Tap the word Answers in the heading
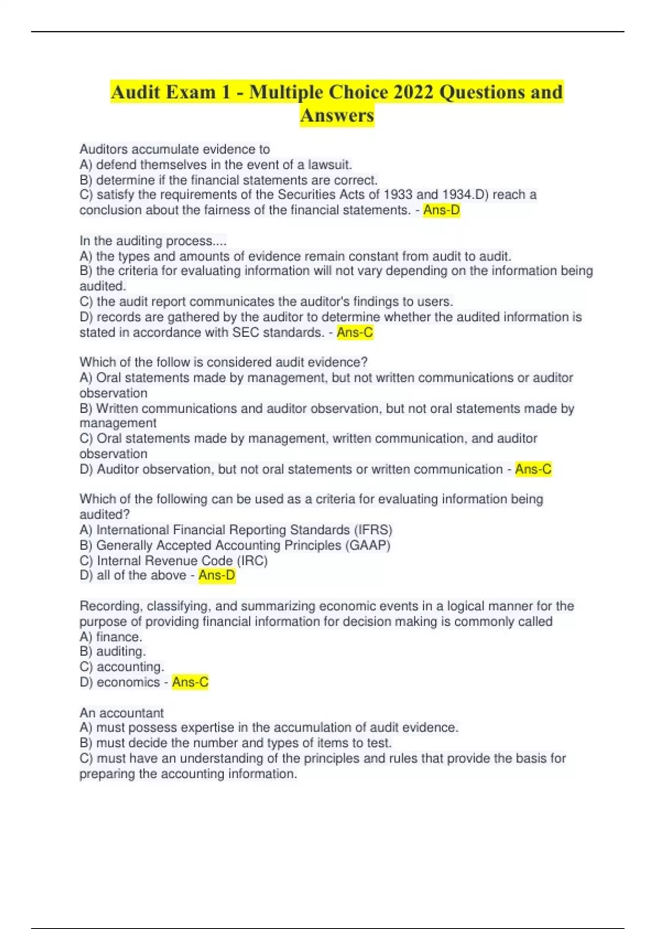click(337, 116)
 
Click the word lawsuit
click(330, 164)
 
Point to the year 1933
click(398, 195)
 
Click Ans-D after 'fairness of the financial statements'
click(441, 210)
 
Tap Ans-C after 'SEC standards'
click(355, 332)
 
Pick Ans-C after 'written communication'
click(533, 469)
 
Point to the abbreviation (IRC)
click(252, 560)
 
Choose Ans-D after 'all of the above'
click(216, 575)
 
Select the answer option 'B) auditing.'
click(113, 651)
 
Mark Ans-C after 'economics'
click(190, 682)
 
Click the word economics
click(128, 682)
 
